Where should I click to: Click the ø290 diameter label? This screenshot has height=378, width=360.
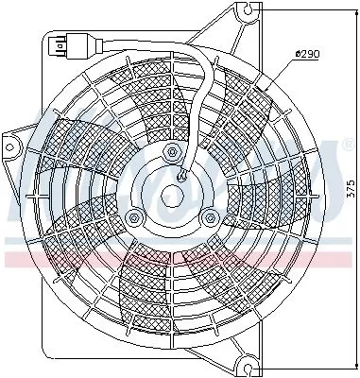click(x=308, y=54)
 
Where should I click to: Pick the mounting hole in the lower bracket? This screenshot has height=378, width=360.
click(x=248, y=361)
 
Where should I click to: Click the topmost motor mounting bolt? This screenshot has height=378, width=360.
click(x=172, y=153)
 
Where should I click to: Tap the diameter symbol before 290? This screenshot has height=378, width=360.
click(x=298, y=54)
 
